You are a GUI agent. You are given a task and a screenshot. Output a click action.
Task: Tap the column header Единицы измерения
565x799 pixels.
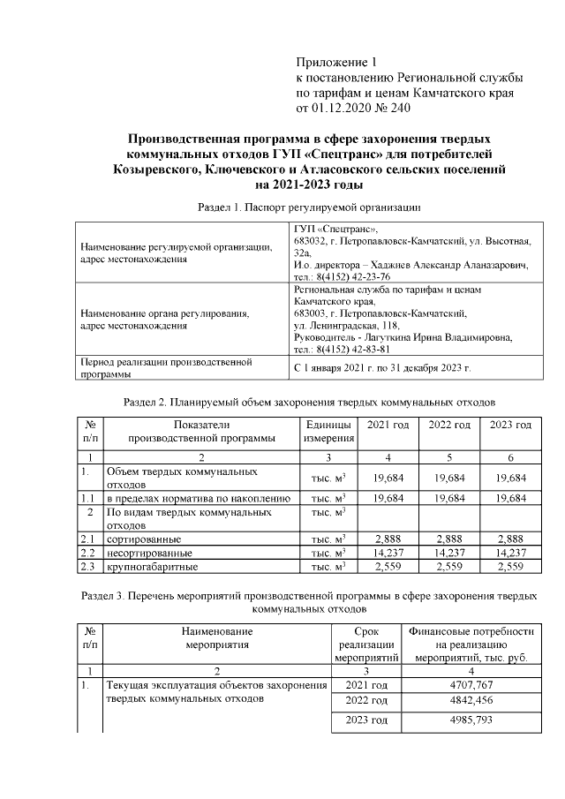[328, 431]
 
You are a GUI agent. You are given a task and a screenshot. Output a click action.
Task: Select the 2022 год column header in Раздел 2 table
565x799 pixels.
[449, 426]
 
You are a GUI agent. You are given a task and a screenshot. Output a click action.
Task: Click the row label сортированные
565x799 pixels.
[144, 538]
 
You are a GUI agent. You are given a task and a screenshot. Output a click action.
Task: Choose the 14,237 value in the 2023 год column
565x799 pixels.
[511, 552]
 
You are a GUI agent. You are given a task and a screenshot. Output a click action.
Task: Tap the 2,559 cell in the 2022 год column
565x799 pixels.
[449, 566]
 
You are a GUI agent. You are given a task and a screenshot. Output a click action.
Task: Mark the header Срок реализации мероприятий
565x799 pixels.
[366, 644]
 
